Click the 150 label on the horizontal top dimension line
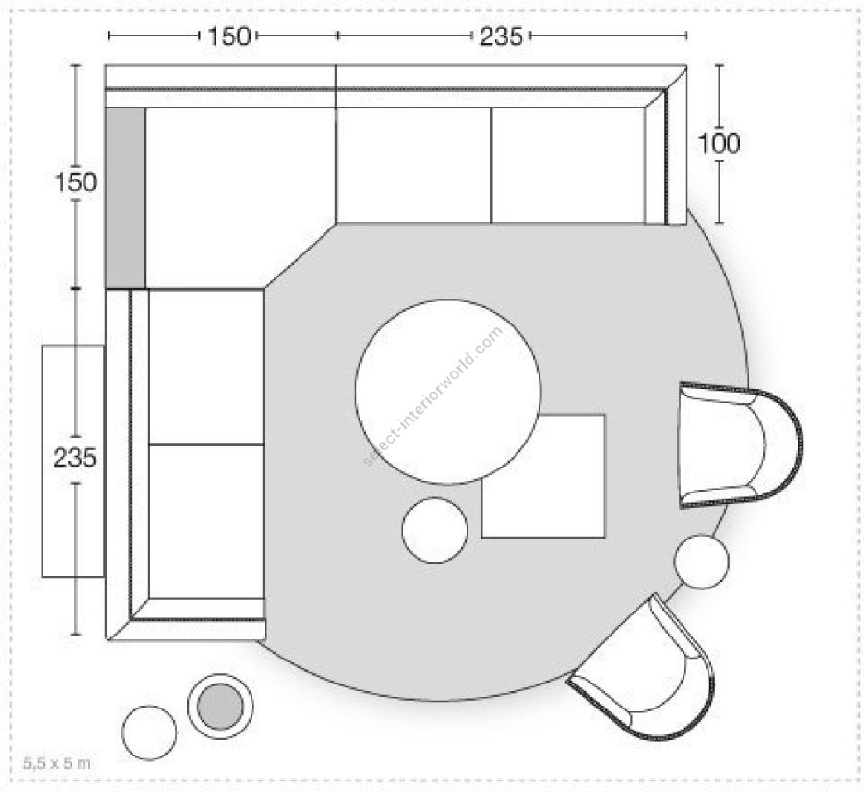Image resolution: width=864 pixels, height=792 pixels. pyautogui.click(x=228, y=36)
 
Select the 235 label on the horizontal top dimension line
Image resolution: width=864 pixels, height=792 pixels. pyautogui.click(x=501, y=36)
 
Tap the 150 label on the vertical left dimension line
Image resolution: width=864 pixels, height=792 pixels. pyautogui.click(x=76, y=181)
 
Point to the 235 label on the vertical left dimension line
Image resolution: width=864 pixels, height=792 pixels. pyautogui.click(x=75, y=458)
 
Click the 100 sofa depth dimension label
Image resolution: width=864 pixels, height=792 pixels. pyautogui.click(x=719, y=143)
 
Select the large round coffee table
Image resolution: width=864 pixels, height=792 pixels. pyautogui.click(x=448, y=392)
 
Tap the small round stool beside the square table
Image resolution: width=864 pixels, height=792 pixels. pyautogui.click(x=435, y=530)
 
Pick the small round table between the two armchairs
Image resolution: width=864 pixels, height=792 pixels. pyautogui.click(x=702, y=562)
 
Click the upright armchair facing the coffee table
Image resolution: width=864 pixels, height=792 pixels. pyautogui.click(x=738, y=444)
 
